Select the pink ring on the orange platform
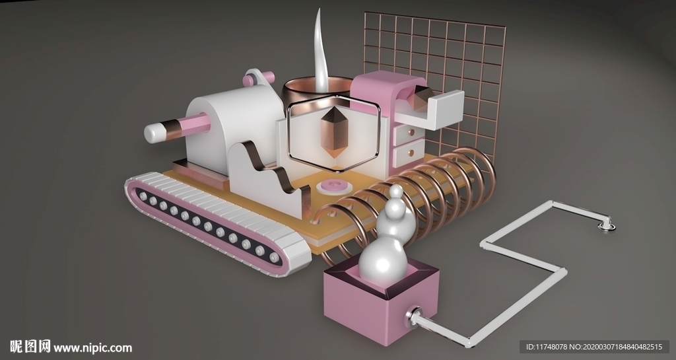pyautogui.click(x=334, y=186)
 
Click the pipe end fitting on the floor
pyautogui.click(x=606, y=226)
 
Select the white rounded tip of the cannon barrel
pyautogui.click(x=152, y=133)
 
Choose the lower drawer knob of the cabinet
pyautogui.click(x=411, y=153)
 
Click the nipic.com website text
pyautogui.click(x=93, y=347)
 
